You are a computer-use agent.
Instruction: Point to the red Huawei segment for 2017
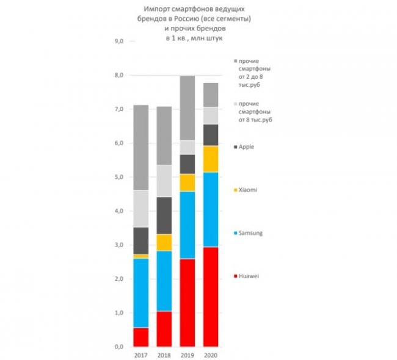141,337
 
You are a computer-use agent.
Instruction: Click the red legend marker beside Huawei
236,276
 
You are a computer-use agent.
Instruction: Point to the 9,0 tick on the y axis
118,41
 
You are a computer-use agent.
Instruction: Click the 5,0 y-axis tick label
118,177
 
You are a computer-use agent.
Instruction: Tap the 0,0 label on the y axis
118,347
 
